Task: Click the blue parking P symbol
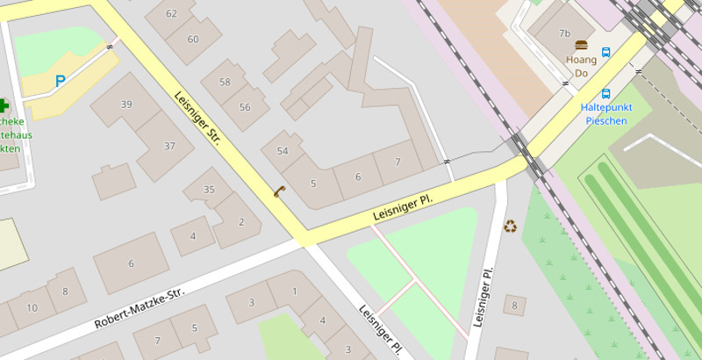(x=60, y=81)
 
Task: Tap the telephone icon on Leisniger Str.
(x=279, y=191)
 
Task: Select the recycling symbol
(x=510, y=227)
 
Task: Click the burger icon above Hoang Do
(x=580, y=45)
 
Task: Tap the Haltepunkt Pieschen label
(x=605, y=114)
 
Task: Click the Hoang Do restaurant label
(x=581, y=66)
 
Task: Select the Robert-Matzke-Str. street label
(x=140, y=307)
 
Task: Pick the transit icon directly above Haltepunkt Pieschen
(x=605, y=93)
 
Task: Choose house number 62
(x=171, y=13)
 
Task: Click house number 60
(x=193, y=39)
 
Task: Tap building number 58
(x=225, y=83)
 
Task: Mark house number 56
(x=245, y=107)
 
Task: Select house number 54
(x=283, y=151)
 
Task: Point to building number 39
(x=126, y=104)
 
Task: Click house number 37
(x=169, y=146)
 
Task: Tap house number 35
(x=209, y=190)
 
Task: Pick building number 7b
(x=565, y=33)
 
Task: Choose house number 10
(x=32, y=307)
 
